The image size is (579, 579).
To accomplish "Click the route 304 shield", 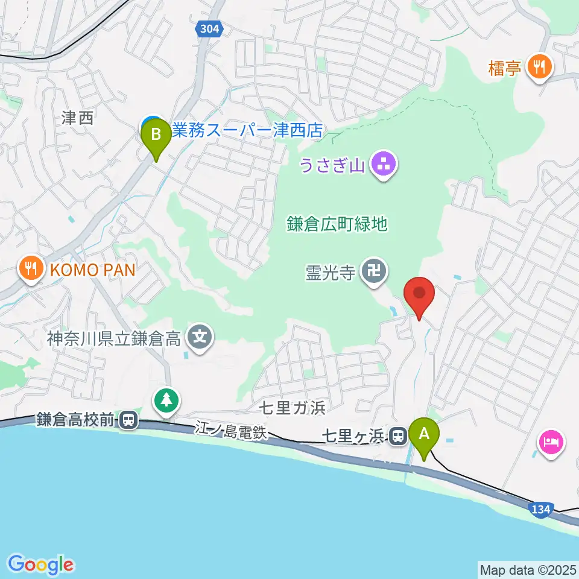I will (x=209, y=28).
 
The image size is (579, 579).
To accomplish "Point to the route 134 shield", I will (x=540, y=510).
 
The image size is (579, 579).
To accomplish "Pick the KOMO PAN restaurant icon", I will (x=31, y=269).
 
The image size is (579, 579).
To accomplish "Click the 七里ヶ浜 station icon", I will (x=397, y=435).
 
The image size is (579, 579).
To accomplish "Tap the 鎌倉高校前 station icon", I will (x=128, y=420).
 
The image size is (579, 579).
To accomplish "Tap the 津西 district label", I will (x=78, y=118).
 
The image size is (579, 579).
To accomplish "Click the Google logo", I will (x=41, y=564).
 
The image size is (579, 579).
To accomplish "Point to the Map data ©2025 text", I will (x=527, y=569).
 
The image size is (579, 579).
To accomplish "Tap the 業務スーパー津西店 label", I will (x=247, y=130).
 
